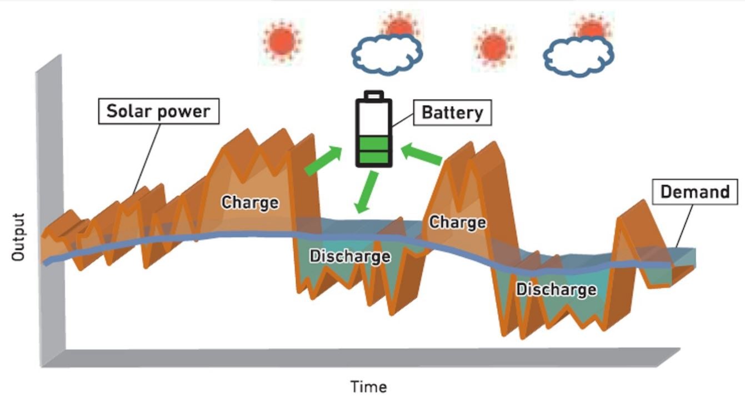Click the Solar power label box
coord(158,111)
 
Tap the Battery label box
coord(452,113)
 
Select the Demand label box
coord(694,193)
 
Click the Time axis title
coord(368,386)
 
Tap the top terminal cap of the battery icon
coord(374,95)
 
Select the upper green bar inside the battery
coord(374,144)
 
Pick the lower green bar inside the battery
coord(374,157)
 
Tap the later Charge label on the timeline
coord(457,222)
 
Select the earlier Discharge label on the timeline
coord(350,256)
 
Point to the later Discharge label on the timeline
coord(556,289)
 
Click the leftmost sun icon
coord(281,41)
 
